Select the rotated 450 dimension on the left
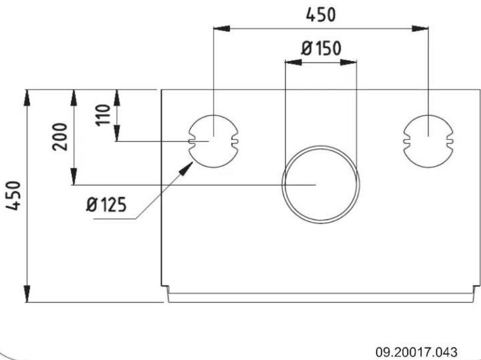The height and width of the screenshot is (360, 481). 16,196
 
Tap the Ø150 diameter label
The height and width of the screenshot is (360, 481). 321,49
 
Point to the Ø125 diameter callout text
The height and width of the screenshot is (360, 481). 106,205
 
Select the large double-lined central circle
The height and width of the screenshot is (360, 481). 321,185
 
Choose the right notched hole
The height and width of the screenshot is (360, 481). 428,141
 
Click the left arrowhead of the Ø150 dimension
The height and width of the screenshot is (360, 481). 293,62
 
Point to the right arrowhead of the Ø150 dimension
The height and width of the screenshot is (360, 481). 349,62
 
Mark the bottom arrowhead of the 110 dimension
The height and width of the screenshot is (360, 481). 117,134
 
